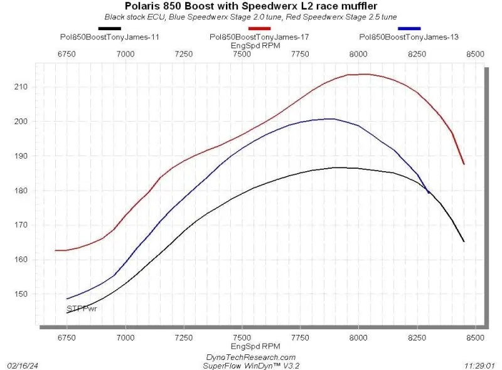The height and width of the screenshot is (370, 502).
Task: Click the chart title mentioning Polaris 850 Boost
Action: tap(250, 6)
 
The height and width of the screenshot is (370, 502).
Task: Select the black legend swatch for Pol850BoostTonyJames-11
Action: tap(109, 28)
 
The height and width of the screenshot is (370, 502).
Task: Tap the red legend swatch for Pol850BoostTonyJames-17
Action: tap(259, 28)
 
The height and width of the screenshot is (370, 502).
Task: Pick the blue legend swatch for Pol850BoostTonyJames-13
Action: tap(409, 28)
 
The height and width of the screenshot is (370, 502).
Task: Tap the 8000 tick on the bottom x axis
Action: tap(358, 337)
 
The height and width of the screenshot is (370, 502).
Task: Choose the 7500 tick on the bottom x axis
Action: tap(242, 337)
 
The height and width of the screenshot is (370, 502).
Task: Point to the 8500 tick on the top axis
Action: tap(475, 55)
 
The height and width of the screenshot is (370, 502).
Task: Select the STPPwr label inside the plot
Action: tap(82, 309)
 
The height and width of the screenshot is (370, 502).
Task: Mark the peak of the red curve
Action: tap(364, 74)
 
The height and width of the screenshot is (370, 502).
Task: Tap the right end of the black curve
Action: tap(464, 241)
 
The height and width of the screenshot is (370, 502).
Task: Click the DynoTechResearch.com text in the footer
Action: tap(250, 356)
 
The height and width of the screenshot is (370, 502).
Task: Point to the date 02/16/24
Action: tap(22, 364)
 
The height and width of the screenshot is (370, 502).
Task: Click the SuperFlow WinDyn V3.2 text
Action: tap(250, 364)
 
